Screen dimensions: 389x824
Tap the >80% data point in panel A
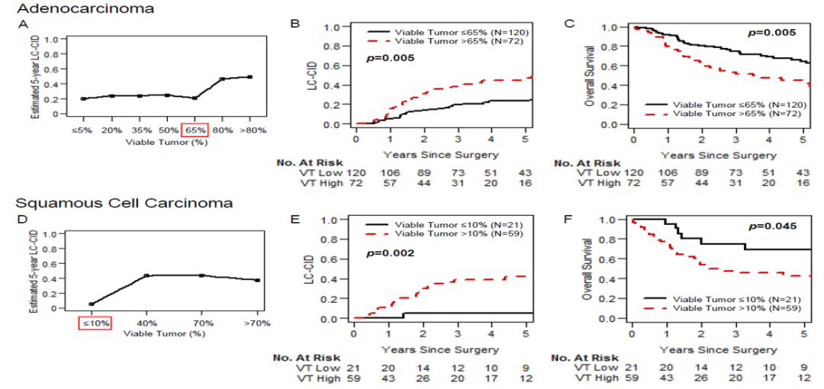pos(249,77)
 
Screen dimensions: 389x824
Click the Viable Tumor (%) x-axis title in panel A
pos(169,141)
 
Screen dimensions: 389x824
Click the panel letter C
pos(568,24)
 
